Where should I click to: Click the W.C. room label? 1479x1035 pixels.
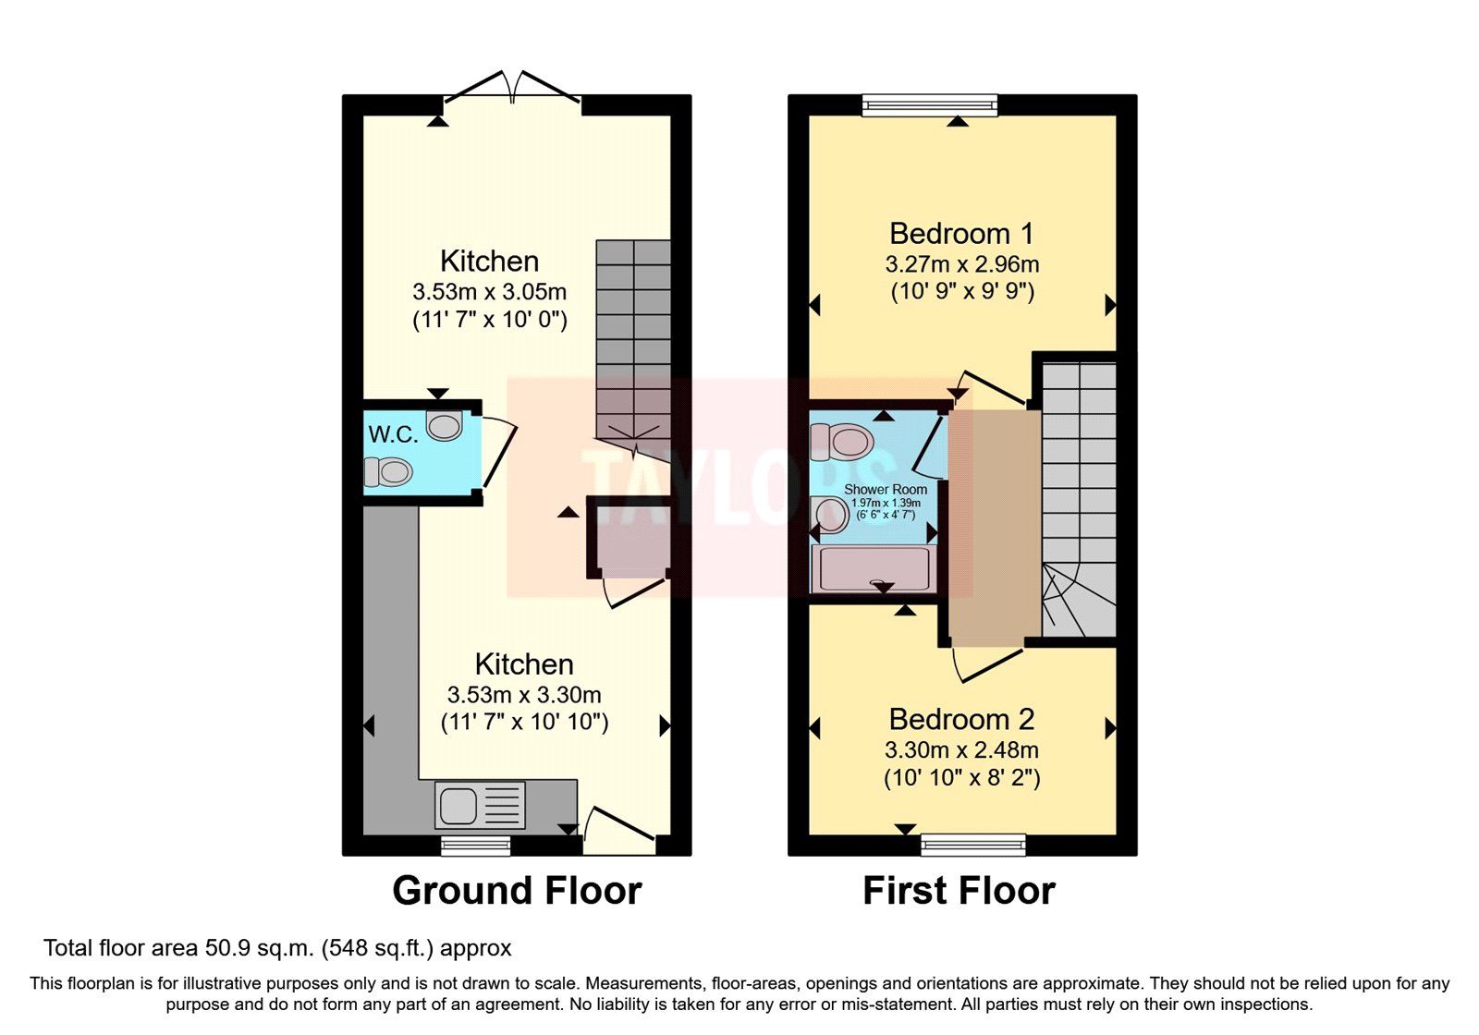pyautogui.click(x=393, y=434)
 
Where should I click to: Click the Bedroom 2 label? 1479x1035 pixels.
pyautogui.click(x=961, y=719)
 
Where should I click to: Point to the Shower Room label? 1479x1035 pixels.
pyautogui.click(x=885, y=489)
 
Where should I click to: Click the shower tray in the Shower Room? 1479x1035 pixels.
pyautogui.click(x=873, y=567)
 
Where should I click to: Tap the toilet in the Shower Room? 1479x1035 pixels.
pyautogui.click(x=840, y=442)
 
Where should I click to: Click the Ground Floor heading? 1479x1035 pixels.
pyautogui.click(x=517, y=891)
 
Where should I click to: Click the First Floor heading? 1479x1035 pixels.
pyautogui.click(x=959, y=891)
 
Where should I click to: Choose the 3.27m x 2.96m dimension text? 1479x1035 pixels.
pyautogui.click(x=961, y=264)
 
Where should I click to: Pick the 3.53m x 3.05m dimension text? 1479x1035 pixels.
pyautogui.click(x=489, y=292)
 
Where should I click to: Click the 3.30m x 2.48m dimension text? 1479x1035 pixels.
pyautogui.click(x=961, y=749)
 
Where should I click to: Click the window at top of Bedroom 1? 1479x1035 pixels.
pyautogui.click(x=930, y=104)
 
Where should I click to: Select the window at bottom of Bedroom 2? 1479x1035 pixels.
pyautogui.click(x=973, y=844)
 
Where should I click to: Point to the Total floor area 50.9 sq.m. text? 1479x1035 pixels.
pyautogui.click(x=277, y=948)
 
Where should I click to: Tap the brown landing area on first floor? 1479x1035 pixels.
pyautogui.click(x=994, y=527)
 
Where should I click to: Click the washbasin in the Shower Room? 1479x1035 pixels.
pyautogui.click(x=830, y=515)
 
